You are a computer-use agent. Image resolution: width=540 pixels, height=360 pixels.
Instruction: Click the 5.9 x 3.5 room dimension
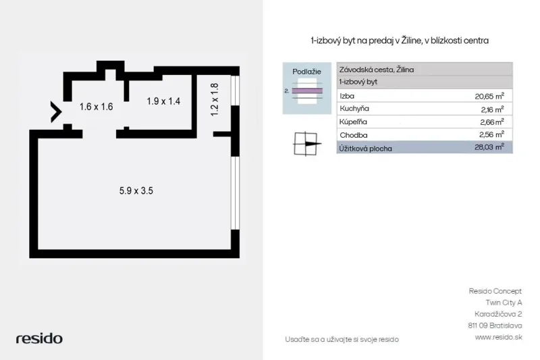point(136,190)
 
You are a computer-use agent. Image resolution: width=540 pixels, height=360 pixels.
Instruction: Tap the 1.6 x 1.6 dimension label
point(96,107)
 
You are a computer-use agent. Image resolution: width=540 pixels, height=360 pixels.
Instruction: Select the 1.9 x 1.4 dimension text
point(163,101)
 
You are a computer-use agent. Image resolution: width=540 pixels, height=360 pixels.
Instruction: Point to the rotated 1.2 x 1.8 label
point(214,99)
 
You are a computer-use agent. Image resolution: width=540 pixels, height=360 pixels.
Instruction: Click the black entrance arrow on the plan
point(56,112)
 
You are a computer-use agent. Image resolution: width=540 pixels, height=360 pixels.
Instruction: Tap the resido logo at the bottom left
point(39,338)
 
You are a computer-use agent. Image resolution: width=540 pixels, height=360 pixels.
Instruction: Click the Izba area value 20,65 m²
point(489,96)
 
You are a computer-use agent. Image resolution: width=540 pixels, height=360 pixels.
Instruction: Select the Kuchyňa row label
point(354,109)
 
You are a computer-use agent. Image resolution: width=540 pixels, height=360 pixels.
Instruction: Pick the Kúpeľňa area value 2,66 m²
point(492,122)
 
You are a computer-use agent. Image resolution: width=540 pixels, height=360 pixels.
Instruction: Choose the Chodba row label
point(353,135)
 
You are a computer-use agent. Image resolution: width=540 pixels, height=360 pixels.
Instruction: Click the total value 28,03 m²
point(489,147)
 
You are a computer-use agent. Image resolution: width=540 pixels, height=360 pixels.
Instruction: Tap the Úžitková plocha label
point(365,149)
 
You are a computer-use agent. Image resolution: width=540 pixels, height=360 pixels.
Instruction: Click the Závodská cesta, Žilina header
point(377,70)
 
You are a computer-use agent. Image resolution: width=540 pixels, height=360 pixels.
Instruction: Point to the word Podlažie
point(306,72)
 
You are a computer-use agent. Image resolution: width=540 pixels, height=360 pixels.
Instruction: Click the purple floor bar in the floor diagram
point(307,91)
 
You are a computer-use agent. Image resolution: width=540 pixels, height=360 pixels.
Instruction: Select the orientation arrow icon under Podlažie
point(307,144)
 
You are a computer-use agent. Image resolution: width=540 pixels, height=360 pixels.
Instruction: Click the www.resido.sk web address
point(498,337)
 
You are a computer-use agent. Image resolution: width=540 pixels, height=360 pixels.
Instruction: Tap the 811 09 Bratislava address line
point(495,326)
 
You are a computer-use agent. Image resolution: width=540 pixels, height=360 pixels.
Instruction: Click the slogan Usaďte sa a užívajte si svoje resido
point(342,339)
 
